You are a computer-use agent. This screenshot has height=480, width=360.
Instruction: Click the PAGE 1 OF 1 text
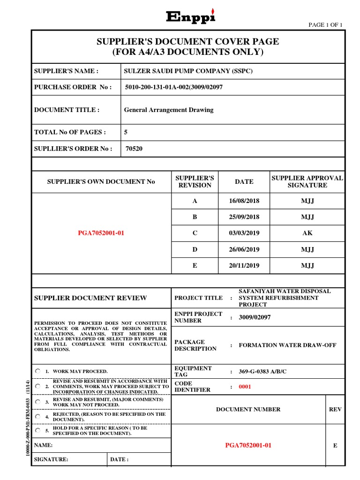325,25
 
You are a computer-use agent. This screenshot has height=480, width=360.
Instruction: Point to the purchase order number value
180,87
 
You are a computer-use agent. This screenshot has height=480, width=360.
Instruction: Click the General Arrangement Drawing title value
168,110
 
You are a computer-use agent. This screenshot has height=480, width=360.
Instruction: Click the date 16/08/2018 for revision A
244,201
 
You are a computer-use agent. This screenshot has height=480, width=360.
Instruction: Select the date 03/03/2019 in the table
244,233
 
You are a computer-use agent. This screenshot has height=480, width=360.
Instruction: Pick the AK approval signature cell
307,233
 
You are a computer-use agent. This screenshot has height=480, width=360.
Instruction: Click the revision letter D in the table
195,249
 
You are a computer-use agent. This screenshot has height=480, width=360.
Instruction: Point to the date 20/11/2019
244,265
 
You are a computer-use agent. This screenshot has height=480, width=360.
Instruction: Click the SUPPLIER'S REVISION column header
195,181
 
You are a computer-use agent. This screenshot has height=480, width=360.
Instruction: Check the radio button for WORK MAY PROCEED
38,371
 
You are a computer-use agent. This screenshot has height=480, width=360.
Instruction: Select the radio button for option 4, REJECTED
38,416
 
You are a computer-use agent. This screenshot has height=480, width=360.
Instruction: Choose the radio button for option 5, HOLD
38,430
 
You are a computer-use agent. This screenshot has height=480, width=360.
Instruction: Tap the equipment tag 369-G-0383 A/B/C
262,372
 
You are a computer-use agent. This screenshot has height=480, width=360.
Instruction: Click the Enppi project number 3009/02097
255,317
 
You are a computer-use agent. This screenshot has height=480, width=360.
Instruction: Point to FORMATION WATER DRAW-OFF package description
287,345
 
